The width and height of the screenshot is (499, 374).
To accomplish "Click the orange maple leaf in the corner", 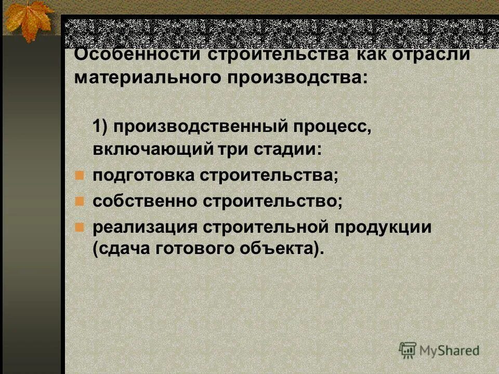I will point(29,19).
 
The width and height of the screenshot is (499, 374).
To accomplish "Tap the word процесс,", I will point(333,126).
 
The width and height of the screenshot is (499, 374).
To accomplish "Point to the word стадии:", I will point(288,149).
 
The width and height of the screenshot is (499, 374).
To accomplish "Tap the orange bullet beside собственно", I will point(79,201).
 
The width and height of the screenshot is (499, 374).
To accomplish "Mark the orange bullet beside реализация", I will point(79,226).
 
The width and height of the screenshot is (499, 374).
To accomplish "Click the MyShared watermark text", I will point(450,350).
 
